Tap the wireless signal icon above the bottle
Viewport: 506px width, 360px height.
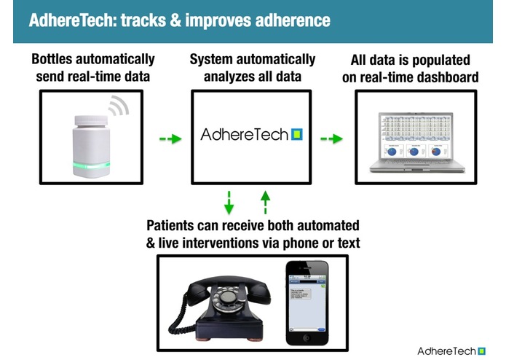click(118, 108)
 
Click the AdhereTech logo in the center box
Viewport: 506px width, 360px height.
click(251, 135)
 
